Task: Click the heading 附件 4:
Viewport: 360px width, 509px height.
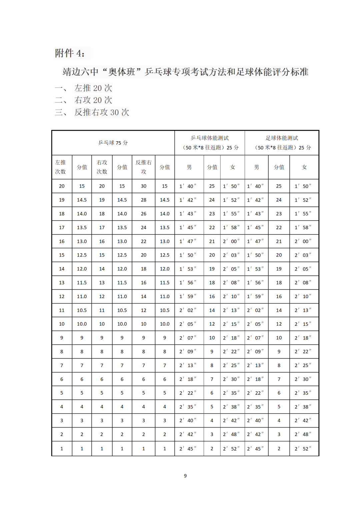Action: [x=70, y=53]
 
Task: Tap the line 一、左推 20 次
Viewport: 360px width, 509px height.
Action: [x=84, y=88]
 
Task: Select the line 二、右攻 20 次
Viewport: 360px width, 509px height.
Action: [x=84, y=100]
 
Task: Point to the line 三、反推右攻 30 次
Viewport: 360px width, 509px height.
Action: [x=92, y=112]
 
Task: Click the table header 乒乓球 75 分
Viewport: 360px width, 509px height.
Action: [x=113, y=143]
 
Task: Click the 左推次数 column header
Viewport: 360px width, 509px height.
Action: [x=61, y=167]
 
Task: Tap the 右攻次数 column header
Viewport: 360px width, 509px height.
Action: [x=102, y=167]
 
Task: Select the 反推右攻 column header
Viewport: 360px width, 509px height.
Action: [x=144, y=167]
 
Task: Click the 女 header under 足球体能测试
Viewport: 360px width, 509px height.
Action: [x=304, y=167]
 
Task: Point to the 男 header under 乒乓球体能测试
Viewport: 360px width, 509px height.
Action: [x=189, y=167]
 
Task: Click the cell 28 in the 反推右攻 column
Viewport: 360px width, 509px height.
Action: [x=144, y=200]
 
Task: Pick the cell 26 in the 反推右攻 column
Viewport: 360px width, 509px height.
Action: [x=144, y=214]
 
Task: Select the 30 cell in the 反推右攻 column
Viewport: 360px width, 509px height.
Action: [x=144, y=186]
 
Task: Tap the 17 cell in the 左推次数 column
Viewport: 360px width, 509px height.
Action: [x=62, y=228]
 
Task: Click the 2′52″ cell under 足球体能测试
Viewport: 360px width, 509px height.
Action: [x=303, y=449]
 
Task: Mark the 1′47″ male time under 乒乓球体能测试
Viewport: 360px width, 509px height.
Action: [x=188, y=241]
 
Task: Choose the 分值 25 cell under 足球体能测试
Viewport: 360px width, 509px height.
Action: [x=279, y=186]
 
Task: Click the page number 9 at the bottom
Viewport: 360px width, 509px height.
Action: [x=185, y=476]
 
